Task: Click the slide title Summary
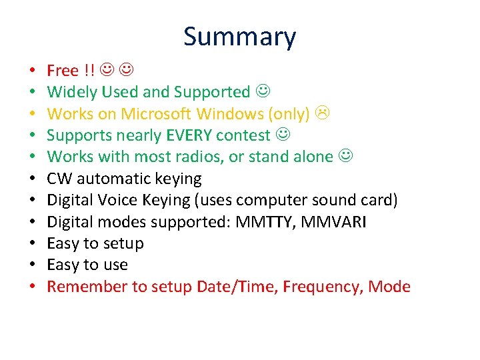click(239, 37)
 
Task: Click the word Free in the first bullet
click(63, 71)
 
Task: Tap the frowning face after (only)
click(322, 114)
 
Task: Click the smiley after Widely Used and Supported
click(263, 92)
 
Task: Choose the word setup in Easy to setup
click(122, 243)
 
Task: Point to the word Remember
click(87, 287)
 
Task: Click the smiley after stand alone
click(345, 157)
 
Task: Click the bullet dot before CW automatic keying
click(32, 179)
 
